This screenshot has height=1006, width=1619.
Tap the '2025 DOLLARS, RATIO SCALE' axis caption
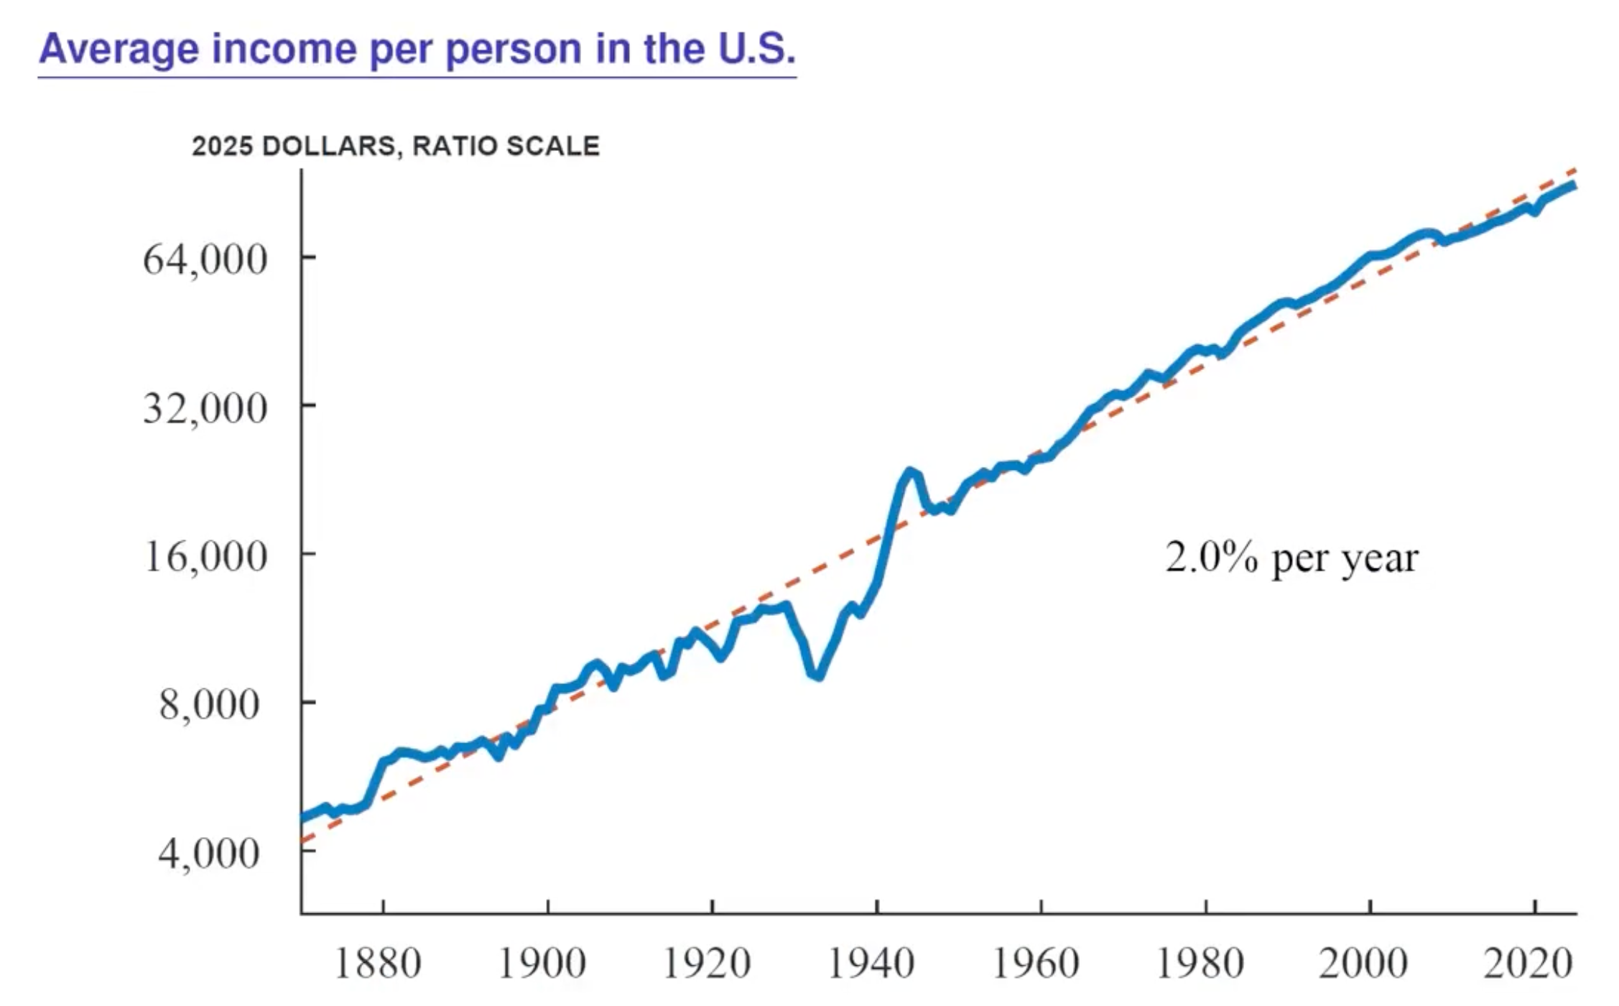396,146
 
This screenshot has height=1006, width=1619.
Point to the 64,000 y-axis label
205,259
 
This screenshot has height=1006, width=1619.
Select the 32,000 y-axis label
205,408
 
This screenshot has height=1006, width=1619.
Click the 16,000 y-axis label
205,556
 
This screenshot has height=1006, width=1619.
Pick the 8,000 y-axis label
209,704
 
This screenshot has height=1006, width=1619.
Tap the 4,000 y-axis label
209,853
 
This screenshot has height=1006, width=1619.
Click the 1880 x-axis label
379,964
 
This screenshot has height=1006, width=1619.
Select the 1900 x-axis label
543,964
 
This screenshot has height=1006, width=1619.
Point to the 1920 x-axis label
707,964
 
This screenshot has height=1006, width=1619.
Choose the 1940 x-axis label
871,964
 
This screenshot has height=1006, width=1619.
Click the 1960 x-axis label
1036,964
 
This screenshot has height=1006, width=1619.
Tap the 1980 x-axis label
1200,964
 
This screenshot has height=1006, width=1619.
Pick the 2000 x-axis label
1363,964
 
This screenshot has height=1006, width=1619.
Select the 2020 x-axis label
1528,964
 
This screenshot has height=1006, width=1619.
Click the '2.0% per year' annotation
1292,559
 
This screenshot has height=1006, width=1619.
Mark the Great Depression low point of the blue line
817,675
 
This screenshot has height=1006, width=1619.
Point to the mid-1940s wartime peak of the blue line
910,472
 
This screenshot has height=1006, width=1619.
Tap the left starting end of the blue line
302,818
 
